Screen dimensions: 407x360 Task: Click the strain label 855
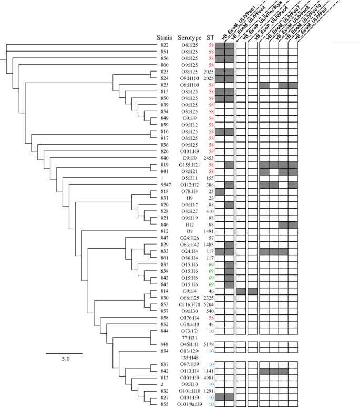(164, 404)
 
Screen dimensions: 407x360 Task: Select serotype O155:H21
(190, 165)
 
